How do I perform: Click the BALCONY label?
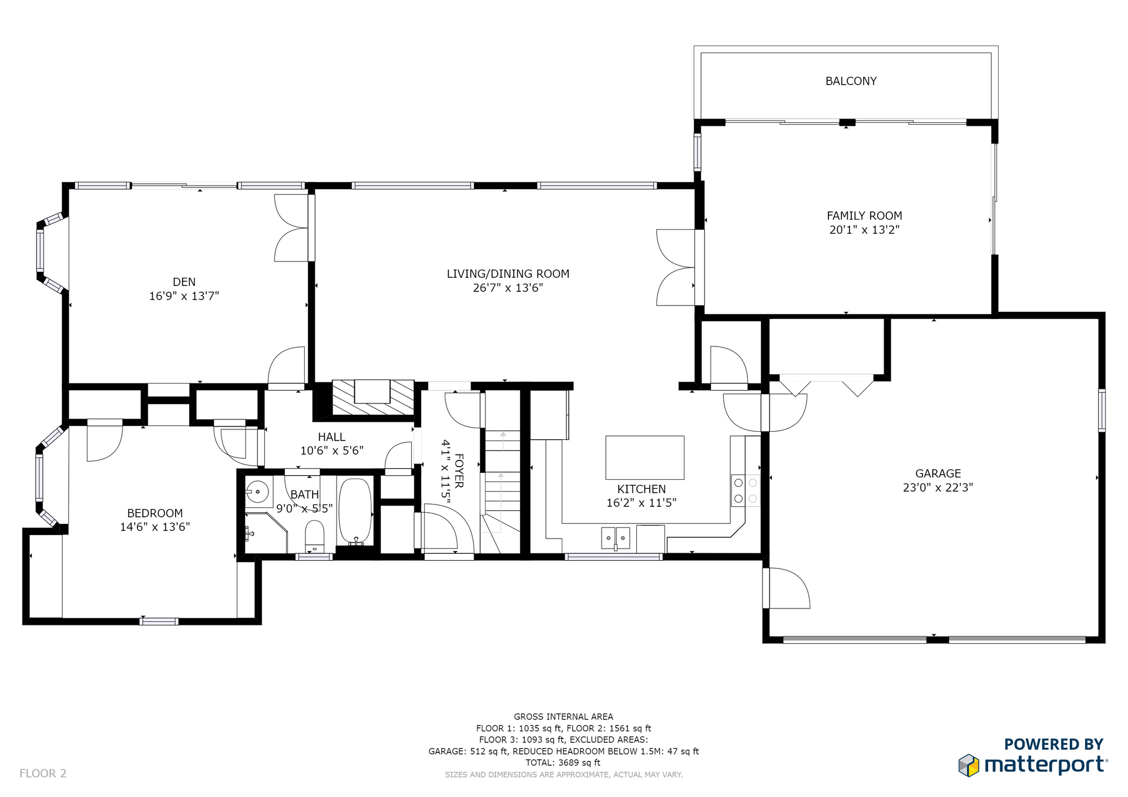click(851, 81)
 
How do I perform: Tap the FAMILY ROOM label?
click(864, 216)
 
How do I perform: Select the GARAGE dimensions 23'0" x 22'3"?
click(938, 487)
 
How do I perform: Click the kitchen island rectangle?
click(644, 458)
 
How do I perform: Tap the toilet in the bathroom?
click(314, 536)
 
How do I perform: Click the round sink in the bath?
click(257, 492)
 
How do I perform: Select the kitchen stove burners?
click(746, 490)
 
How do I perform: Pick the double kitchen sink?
click(616, 538)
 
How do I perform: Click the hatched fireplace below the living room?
click(372, 398)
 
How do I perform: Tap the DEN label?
click(184, 282)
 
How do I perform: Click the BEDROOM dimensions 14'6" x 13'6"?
click(155, 527)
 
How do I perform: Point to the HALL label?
click(331, 437)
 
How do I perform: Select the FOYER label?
click(459, 470)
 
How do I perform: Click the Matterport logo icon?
click(969, 765)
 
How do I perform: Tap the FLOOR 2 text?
click(43, 774)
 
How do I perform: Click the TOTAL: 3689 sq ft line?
click(563, 762)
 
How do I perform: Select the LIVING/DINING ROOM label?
click(508, 274)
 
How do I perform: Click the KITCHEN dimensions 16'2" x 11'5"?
click(642, 503)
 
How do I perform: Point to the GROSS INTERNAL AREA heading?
click(563, 717)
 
